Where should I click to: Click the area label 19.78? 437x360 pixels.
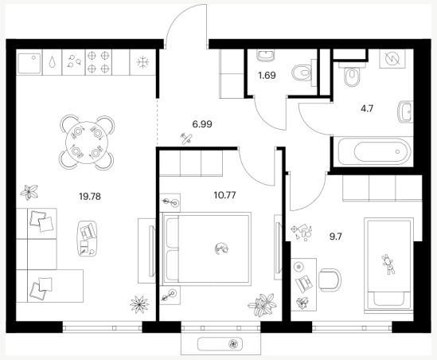(90, 197)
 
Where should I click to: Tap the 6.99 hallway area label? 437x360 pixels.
(202, 124)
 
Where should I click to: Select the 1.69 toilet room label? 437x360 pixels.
(267, 76)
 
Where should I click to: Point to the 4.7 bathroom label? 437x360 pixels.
(367, 108)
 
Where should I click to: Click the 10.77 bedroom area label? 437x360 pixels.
(225, 195)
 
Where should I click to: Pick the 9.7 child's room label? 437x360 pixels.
(336, 237)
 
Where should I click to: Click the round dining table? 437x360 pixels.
(87, 142)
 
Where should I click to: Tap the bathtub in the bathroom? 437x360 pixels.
(374, 151)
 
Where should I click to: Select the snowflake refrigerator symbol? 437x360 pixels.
(143, 62)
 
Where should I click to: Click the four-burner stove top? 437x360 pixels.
(98, 62)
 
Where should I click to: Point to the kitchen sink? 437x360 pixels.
(29, 64)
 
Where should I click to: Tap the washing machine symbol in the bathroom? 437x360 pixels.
(392, 59)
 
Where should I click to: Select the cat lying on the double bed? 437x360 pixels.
(221, 248)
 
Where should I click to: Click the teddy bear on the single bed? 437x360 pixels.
(388, 264)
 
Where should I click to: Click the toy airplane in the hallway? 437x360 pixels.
(186, 138)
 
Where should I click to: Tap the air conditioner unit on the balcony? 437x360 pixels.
(220, 344)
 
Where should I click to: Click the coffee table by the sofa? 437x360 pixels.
(88, 239)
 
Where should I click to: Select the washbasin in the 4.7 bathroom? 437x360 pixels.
(405, 112)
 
